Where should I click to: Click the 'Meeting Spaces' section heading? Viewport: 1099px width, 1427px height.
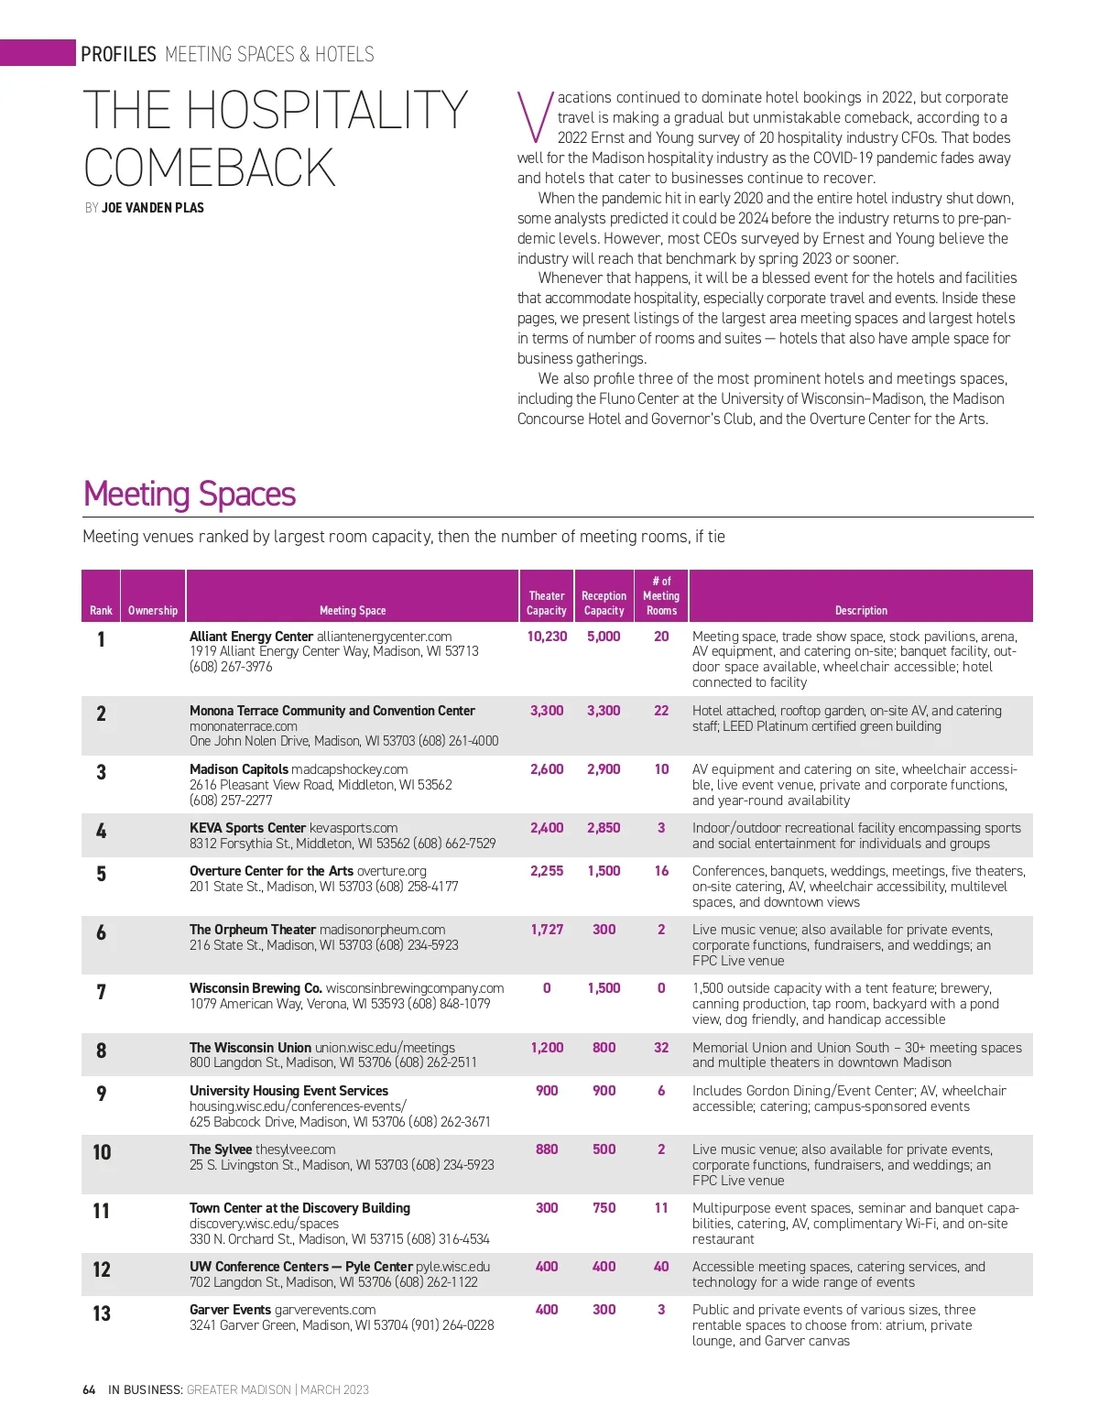pyautogui.click(x=189, y=495)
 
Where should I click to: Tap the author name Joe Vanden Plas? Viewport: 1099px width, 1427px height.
pyautogui.click(x=152, y=208)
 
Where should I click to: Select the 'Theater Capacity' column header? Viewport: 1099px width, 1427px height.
pyautogui.click(x=546, y=603)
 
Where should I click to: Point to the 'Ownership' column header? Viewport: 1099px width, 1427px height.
pyautogui.click(x=153, y=610)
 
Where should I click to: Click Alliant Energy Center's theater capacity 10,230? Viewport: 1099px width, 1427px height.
pyautogui.click(x=547, y=637)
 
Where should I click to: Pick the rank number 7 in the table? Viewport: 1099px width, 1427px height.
pyautogui.click(x=101, y=992)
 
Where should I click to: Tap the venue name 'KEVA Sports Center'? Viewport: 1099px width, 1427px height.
pyautogui.click(x=247, y=828)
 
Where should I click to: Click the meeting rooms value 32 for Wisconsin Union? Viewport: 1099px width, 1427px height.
pyautogui.click(x=661, y=1048)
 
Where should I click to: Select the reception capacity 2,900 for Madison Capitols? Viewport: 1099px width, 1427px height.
pyautogui.click(x=604, y=769)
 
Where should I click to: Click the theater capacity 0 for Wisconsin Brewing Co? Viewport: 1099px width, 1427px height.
pyautogui.click(x=547, y=988)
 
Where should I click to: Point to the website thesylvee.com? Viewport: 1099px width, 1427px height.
pyautogui.click(x=295, y=1149)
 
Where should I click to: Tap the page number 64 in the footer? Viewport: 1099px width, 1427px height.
pyautogui.click(x=89, y=1389)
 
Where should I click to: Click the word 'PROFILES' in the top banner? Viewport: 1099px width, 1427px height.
pyautogui.click(x=118, y=54)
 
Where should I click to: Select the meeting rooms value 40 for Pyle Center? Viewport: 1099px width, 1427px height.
pyautogui.click(x=661, y=1267)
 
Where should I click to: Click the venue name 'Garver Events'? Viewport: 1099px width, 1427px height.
pyautogui.click(x=230, y=1310)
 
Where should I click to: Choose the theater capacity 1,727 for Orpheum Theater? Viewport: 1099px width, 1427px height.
pyautogui.click(x=547, y=930)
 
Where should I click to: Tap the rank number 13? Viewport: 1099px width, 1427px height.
pyautogui.click(x=102, y=1313)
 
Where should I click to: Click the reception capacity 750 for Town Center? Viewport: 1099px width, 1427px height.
pyautogui.click(x=604, y=1208)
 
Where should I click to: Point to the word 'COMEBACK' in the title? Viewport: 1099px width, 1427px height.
pyautogui.click(x=210, y=168)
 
